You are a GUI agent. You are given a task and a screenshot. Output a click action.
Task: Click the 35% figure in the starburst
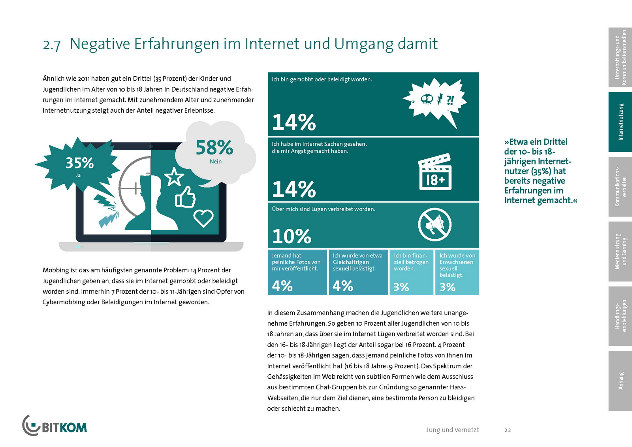[x=79, y=163]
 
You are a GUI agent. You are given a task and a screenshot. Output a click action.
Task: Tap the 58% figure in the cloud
[x=214, y=148]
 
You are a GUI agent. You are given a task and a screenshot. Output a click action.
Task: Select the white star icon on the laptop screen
[x=174, y=176]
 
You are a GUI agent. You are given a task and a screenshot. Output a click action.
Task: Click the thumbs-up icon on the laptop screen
[x=185, y=197]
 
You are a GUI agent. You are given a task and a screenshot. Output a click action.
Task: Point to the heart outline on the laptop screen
[x=203, y=218]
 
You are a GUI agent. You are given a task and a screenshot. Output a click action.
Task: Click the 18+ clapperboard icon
[x=434, y=172]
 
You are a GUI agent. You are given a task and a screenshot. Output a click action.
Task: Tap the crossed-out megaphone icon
[x=434, y=224]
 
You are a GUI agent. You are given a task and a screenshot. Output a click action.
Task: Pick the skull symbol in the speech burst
[x=427, y=99]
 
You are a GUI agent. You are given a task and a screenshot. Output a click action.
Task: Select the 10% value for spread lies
[x=292, y=236]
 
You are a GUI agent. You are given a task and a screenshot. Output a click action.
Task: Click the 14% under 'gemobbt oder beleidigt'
[x=294, y=122]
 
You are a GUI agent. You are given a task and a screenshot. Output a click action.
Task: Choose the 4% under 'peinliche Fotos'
[x=282, y=286]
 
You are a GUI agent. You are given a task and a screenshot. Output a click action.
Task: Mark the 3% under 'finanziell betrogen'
[x=401, y=287]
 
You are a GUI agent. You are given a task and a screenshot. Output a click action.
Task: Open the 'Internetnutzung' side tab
[x=620, y=122]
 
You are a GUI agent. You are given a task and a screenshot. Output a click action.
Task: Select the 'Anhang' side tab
[x=620, y=381]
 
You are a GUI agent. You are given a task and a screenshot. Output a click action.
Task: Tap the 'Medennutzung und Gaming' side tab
[x=620, y=251]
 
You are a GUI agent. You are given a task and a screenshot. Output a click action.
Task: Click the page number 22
[x=508, y=430]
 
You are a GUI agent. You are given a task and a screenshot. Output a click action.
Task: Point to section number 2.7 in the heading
[x=52, y=45]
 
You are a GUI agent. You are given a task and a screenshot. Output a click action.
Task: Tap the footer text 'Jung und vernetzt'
[x=452, y=430]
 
